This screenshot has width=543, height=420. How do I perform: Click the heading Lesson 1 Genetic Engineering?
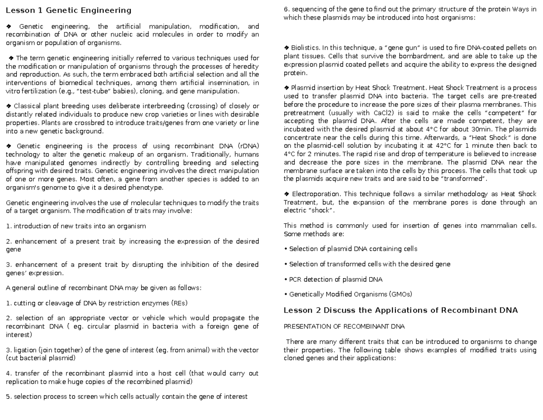click(68, 10)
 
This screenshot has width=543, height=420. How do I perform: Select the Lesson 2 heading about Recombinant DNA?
click(400, 310)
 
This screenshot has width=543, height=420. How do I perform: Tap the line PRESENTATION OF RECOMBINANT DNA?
click(344, 326)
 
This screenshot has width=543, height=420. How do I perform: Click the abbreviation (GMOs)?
click(400, 294)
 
